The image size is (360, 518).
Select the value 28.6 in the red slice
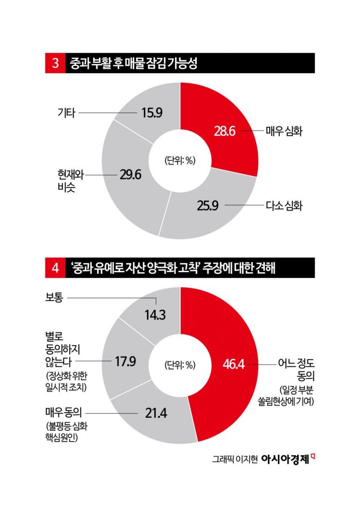click(224, 131)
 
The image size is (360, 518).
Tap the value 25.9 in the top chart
click(208, 206)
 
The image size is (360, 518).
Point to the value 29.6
click(130, 175)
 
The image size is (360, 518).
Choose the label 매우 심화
click(284, 131)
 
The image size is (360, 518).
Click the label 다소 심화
click(284, 206)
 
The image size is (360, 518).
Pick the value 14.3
click(155, 314)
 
